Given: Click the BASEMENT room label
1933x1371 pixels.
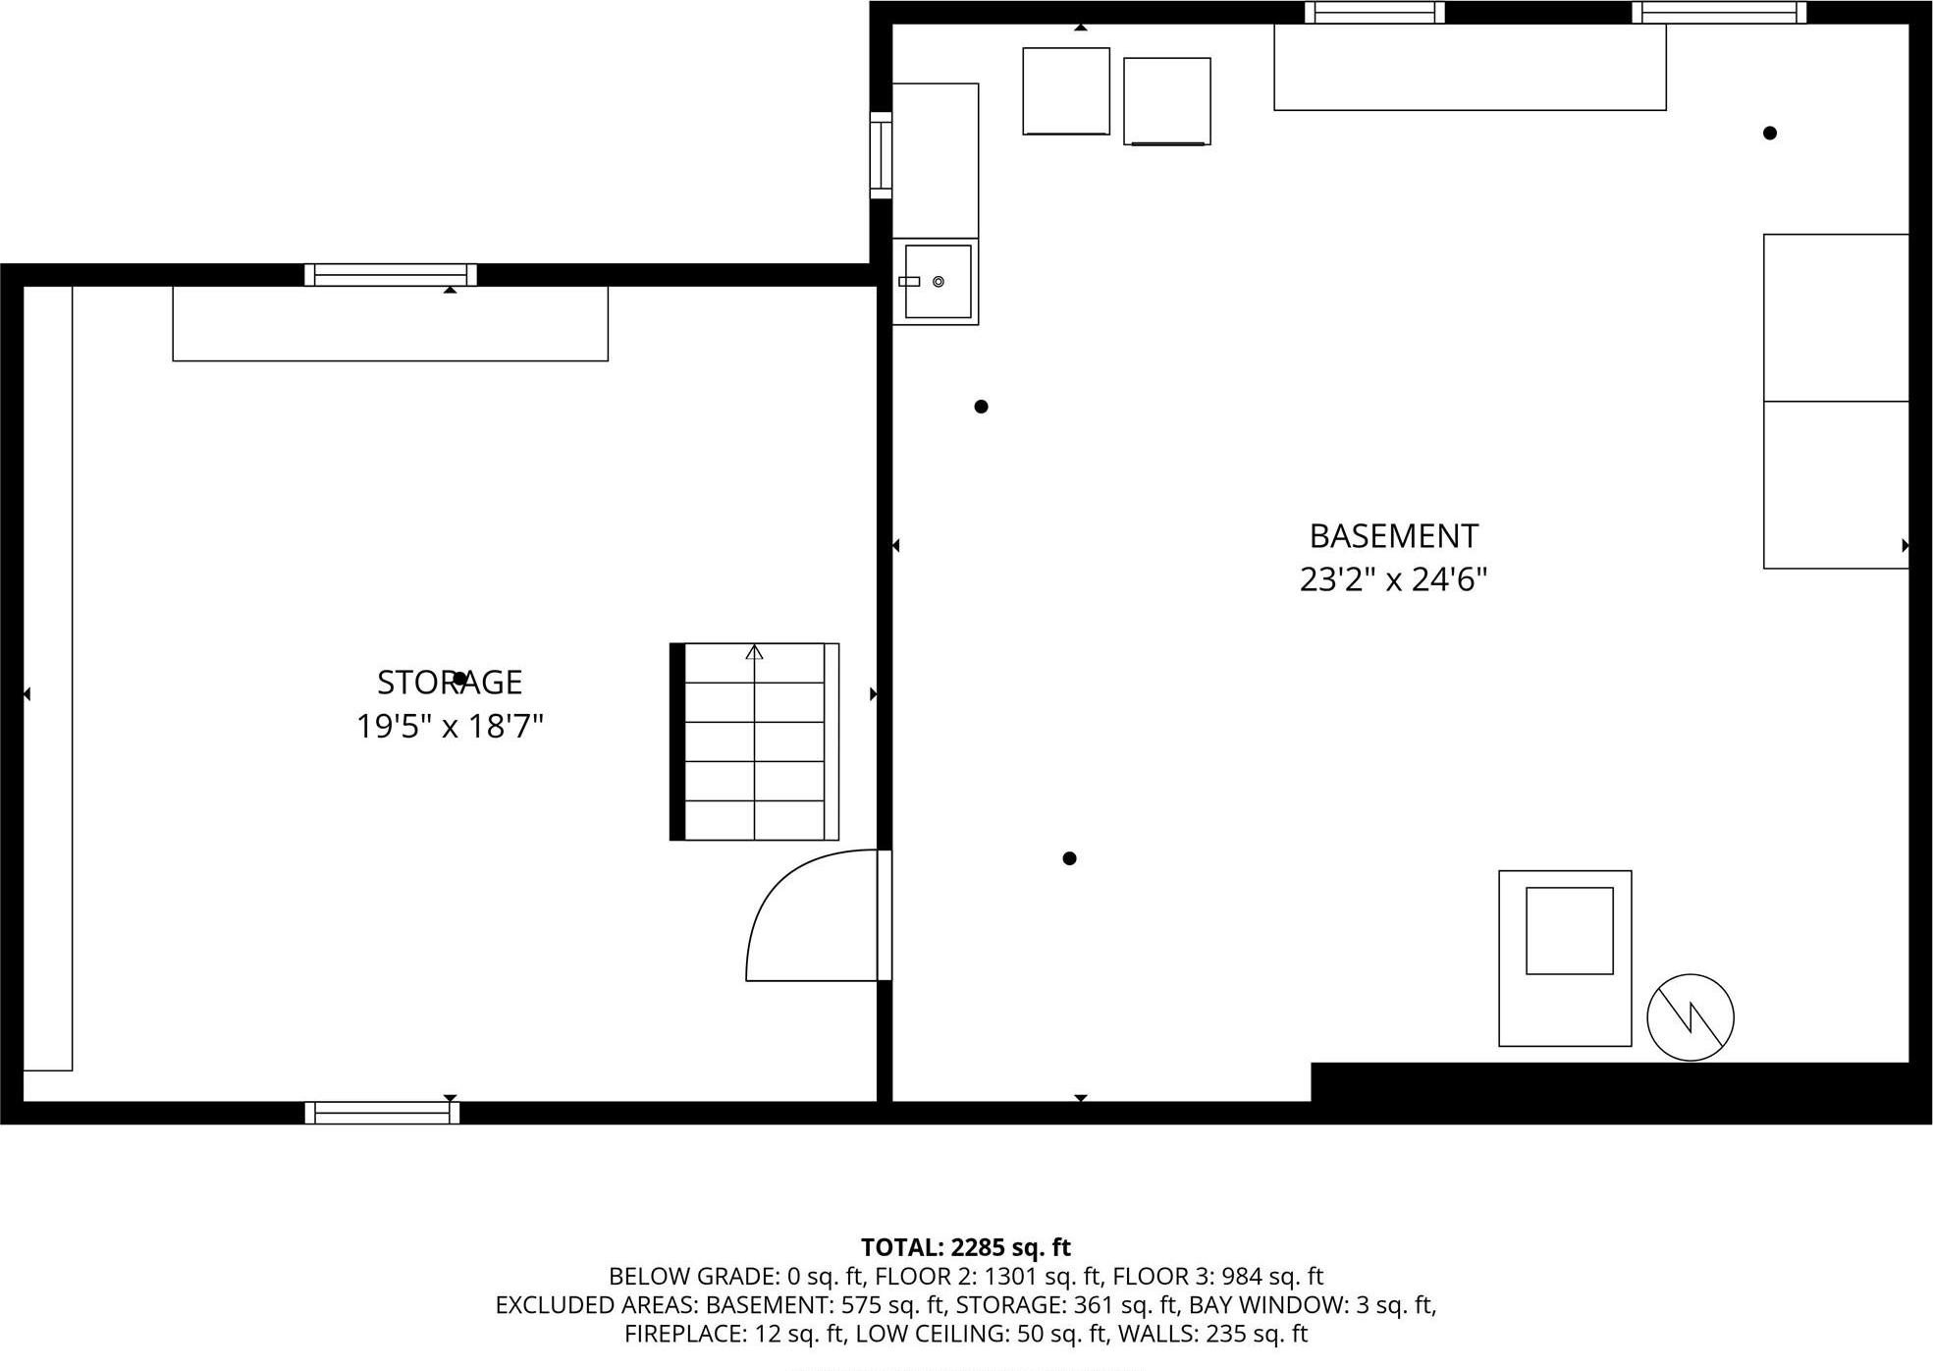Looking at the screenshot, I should click(x=1392, y=536).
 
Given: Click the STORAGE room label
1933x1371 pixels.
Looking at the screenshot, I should click(x=450, y=683).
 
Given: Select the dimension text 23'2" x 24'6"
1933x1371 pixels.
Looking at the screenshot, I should click(x=1392, y=579).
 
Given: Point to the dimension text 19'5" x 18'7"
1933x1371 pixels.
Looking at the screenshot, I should click(x=450, y=727).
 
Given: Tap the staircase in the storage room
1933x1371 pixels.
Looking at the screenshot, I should click(x=754, y=742).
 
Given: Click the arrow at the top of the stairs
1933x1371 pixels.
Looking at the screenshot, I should click(x=754, y=652).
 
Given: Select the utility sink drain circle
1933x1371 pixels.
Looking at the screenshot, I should click(x=939, y=282).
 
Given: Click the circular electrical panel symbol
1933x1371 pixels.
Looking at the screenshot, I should click(x=1690, y=1017).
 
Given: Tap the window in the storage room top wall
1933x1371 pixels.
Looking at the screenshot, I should click(x=390, y=275).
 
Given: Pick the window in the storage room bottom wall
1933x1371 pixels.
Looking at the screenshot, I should click(x=382, y=1113).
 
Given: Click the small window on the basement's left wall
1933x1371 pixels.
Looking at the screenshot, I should click(x=881, y=155).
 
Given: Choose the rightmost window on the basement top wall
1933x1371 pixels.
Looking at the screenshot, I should click(x=1718, y=12).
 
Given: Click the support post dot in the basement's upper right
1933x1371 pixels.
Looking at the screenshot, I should click(x=1769, y=134).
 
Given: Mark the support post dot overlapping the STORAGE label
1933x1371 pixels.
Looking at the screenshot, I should click(x=459, y=679).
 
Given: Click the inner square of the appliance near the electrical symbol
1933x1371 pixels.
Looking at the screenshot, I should click(x=1569, y=931).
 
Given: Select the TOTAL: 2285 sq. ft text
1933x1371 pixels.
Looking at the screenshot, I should click(x=965, y=1247).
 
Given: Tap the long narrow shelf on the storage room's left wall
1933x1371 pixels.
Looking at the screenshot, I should click(x=48, y=678).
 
